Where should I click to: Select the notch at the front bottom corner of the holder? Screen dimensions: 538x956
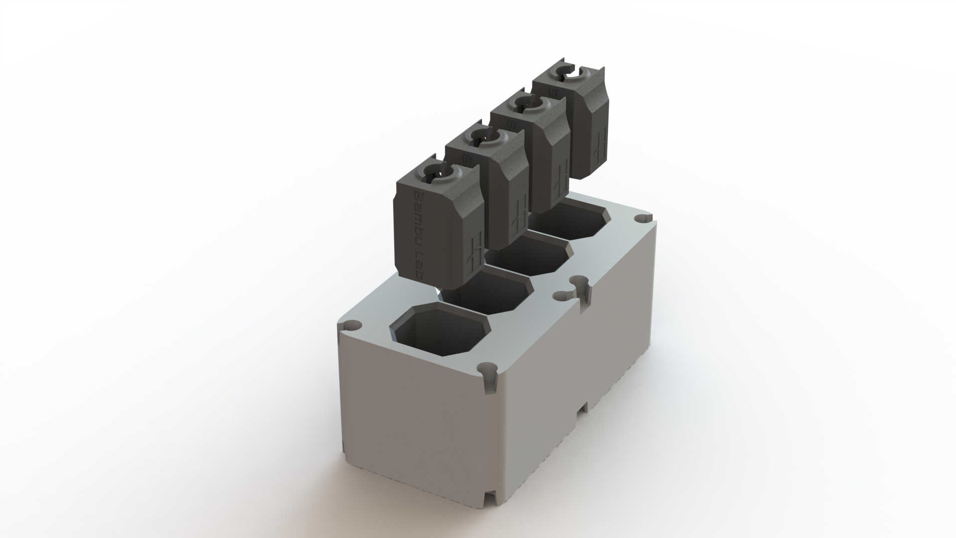click(490, 506)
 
